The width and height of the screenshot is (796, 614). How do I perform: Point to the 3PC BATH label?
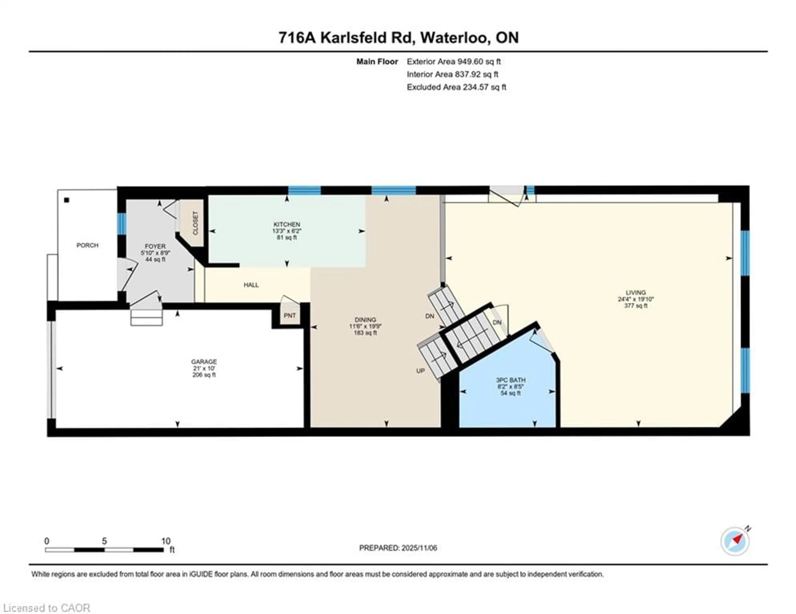click(x=510, y=380)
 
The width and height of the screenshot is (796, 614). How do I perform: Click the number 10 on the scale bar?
click(x=166, y=541)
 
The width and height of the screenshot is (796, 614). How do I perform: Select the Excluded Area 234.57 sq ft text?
click(x=456, y=87)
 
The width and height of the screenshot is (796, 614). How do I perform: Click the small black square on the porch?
click(x=67, y=200)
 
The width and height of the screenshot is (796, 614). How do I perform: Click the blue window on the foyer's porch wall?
click(x=121, y=224)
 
